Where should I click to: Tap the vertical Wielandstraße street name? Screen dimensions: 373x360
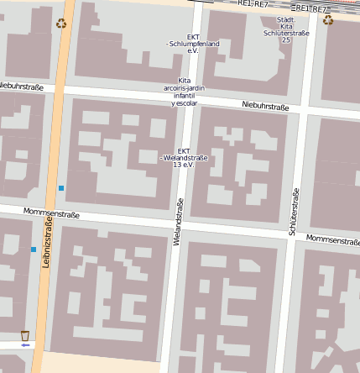(x=179, y=222)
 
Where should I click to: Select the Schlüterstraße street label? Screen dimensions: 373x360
(x=294, y=211)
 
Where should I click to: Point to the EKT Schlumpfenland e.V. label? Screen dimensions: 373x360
(x=192, y=44)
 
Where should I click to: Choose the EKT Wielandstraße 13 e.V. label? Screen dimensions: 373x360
(x=184, y=157)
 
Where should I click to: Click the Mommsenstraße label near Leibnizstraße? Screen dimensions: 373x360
(x=51, y=214)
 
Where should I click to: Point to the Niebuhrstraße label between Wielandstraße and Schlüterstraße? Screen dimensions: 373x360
(x=264, y=106)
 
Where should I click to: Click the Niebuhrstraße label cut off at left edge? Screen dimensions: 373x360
(x=21, y=86)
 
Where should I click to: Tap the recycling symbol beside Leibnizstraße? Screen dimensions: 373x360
(x=61, y=24)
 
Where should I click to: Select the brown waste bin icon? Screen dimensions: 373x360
(x=25, y=334)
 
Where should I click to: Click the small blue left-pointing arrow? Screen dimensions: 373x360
(x=25, y=344)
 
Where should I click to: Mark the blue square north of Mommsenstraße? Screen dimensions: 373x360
(x=61, y=188)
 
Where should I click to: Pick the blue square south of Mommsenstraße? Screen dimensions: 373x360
(x=34, y=250)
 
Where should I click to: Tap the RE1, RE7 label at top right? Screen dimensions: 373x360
(x=312, y=8)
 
